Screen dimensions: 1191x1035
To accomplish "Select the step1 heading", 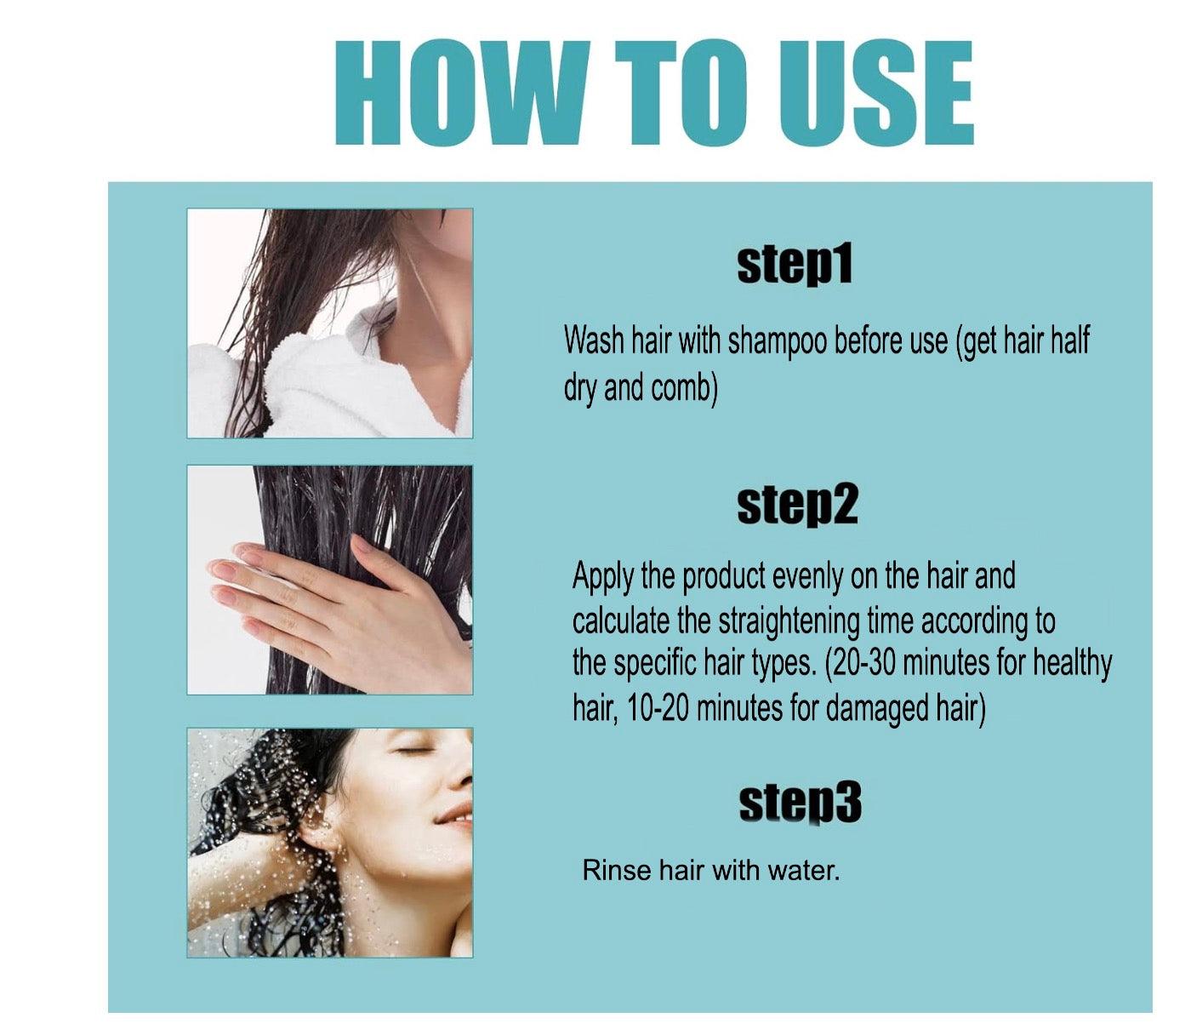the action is pyautogui.click(x=794, y=265).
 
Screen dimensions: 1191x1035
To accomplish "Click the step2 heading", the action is pyautogui.click(x=797, y=506).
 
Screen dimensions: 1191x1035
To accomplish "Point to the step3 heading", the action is pyautogui.click(x=800, y=803).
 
